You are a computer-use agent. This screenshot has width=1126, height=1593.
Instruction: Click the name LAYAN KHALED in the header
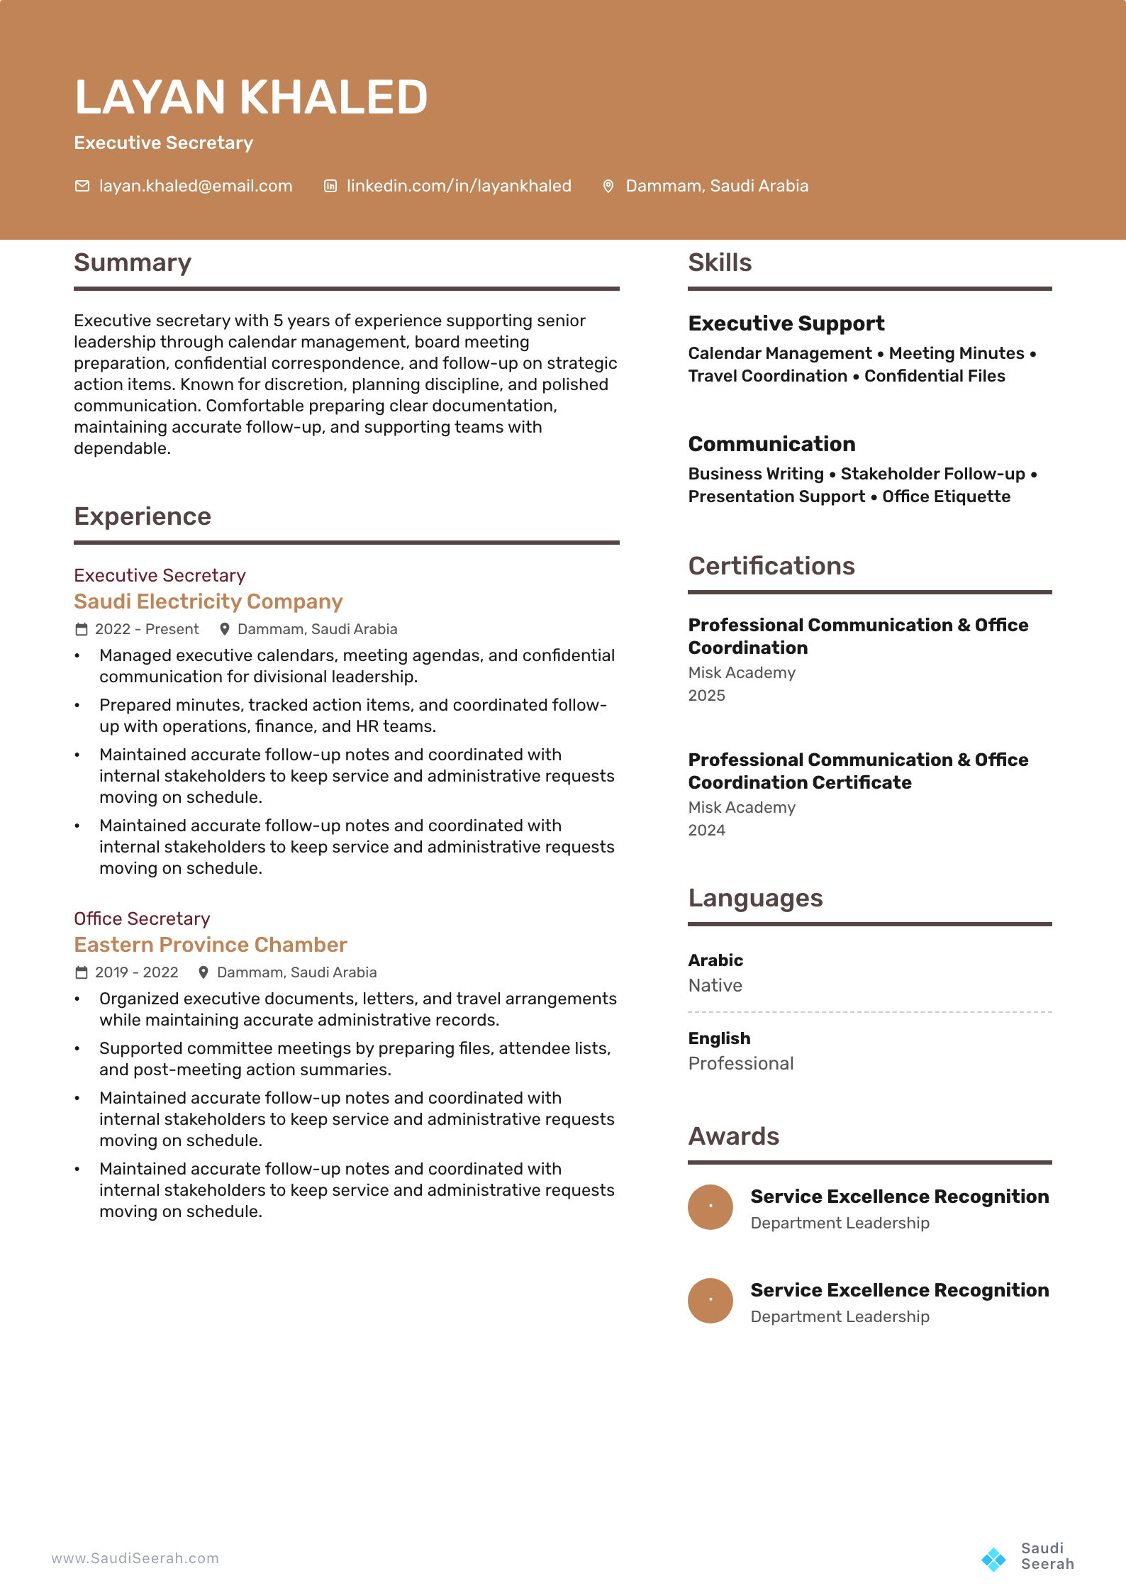point(251,97)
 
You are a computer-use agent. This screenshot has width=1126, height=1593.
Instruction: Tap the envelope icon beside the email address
point(82,186)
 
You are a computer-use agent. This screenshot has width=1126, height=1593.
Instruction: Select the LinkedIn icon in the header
point(330,186)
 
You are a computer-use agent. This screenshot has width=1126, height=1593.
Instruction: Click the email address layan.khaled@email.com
point(196,186)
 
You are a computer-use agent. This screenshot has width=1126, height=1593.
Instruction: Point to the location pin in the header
point(608,186)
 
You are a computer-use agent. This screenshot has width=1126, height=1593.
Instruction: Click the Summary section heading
point(133,262)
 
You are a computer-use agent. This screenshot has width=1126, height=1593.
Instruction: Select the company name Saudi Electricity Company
point(208,601)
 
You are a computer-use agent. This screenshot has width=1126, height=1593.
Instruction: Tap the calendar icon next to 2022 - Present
point(82,629)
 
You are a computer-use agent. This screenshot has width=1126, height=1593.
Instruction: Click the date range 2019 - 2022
point(137,972)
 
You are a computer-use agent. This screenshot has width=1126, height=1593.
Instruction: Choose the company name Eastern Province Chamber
point(211,945)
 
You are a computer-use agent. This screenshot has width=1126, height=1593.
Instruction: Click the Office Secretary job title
point(142,918)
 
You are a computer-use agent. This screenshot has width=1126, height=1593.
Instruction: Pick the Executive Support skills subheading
point(786,323)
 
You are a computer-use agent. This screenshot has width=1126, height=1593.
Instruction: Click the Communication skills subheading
point(771,444)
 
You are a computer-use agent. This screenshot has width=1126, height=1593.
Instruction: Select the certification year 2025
point(706,695)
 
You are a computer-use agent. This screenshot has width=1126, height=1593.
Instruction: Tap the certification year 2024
point(706,830)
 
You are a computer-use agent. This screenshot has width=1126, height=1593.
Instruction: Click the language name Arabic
point(715,960)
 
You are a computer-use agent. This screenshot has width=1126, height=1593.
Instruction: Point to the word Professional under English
point(741,1063)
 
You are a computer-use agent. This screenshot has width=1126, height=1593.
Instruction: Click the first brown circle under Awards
point(710,1206)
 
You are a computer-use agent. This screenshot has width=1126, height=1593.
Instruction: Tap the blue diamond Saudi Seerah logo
point(993,1558)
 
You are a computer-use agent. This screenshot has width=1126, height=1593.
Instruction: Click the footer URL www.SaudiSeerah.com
point(135,1558)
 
